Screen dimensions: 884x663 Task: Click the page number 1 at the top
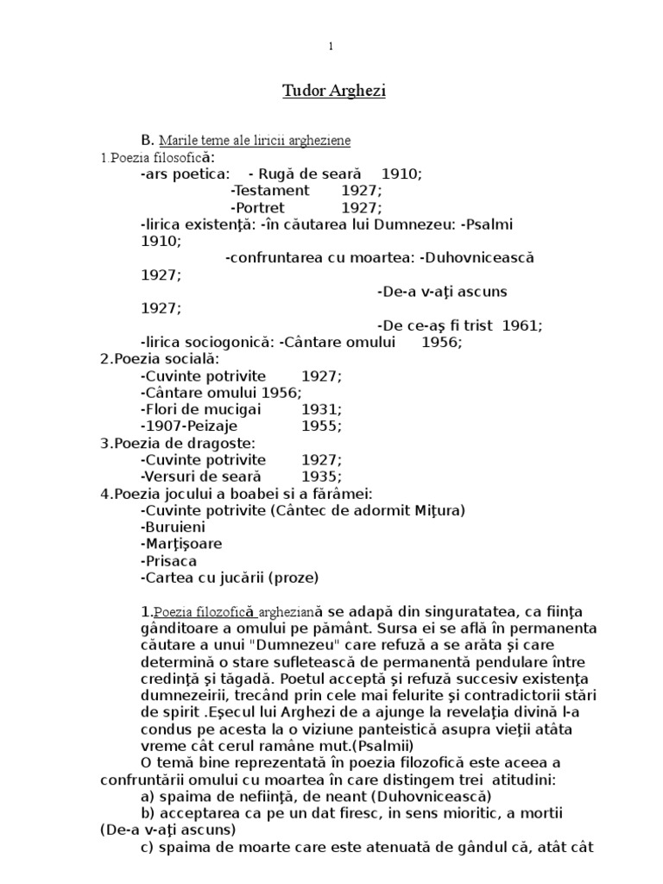click(330, 47)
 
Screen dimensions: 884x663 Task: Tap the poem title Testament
click(269, 190)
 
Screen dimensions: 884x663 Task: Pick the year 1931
click(319, 409)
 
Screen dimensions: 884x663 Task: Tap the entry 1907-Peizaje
click(188, 426)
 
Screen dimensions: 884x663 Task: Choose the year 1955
click(319, 426)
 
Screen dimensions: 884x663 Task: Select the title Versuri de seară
click(199, 477)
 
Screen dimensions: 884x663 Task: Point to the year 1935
click(319, 477)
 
